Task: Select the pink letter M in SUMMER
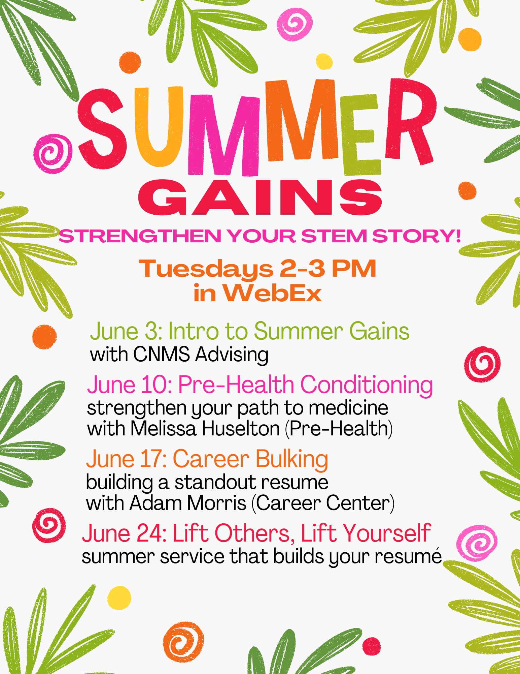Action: click(x=223, y=135)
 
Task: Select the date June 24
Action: click(x=124, y=533)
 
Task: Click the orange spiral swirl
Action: click(x=183, y=642)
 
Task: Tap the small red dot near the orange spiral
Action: click(x=372, y=646)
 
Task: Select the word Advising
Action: click(x=232, y=355)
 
